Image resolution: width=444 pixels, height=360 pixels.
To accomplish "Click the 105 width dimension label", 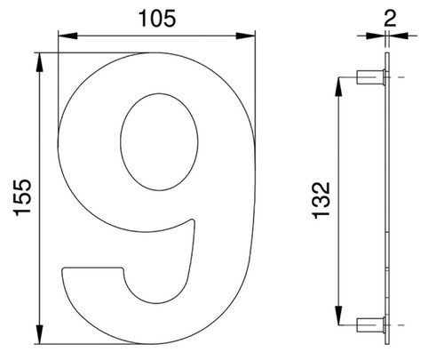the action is tap(157, 18).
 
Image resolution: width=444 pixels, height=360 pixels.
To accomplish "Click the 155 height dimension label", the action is tap(22, 197).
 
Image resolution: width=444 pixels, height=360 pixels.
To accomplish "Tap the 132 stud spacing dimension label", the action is tap(321, 200).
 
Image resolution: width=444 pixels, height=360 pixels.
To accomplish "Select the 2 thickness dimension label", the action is tap(390, 19).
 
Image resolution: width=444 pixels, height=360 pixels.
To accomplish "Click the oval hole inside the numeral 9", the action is tap(159, 142).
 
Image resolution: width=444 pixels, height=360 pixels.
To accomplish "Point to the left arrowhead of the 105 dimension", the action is tap(67, 36).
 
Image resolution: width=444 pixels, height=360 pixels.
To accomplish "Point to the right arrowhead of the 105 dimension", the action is tap(245, 36).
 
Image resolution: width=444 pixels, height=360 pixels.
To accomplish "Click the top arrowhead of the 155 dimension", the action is tap(39, 62).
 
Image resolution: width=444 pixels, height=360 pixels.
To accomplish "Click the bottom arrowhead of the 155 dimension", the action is tap(39, 334).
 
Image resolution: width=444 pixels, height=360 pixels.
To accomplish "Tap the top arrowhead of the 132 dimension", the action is tap(339, 86).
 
